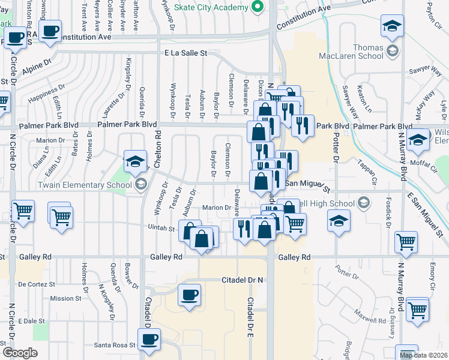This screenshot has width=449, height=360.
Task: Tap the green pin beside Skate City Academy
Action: click(x=258, y=7)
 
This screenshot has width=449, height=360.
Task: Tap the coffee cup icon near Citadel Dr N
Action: click(x=190, y=295)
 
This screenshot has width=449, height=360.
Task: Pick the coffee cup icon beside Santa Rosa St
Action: click(x=149, y=339)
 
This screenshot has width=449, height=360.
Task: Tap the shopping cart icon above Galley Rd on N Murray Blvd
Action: click(x=406, y=242)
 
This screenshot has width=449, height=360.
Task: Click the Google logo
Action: click(x=20, y=353)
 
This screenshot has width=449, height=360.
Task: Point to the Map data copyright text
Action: click(x=424, y=355)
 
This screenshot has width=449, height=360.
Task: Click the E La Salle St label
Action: click(x=185, y=53)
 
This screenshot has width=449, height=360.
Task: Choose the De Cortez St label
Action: click(x=37, y=284)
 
